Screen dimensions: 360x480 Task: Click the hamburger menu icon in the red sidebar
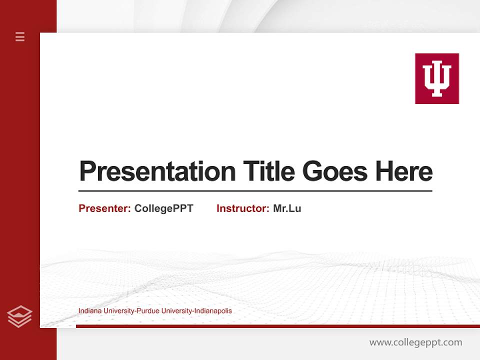(x=20, y=36)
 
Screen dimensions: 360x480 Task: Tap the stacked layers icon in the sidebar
(x=19, y=316)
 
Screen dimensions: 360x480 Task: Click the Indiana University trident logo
(x=436, y=78)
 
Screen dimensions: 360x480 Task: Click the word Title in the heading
(x=268, y=171)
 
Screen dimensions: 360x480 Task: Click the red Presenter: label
(x=104, y=208)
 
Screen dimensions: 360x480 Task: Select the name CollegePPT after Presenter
(x=163, y=208)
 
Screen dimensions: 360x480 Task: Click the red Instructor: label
(x=242, y=208)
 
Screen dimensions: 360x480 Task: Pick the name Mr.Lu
(x=287, y=208)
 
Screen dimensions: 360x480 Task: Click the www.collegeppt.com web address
(x=415, y=342)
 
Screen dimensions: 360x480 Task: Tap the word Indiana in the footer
(x=89, y=311)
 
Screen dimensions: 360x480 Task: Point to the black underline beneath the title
(x=255, y=191)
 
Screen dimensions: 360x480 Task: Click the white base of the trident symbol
(x=437, y=93)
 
